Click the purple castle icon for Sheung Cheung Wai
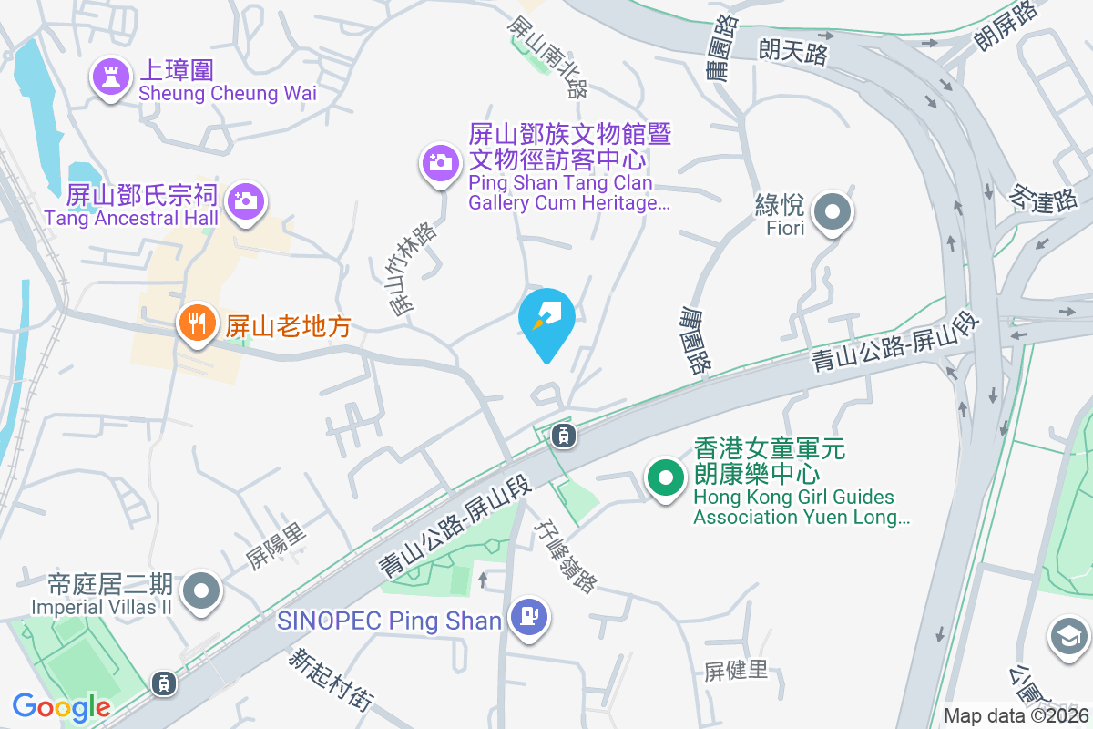[x=111, y=78]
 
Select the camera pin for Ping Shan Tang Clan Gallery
[x=439, y=163]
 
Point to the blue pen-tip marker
[x=546, y=317]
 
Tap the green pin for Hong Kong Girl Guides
[x=666, y=477]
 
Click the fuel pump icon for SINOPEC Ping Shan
[x=529, y=616]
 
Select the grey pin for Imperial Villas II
[x=201, y=591]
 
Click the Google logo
[x=61, y=706]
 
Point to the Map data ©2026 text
[x=1016, y=715]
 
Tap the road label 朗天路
[x=793, y=52]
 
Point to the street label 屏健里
[x=736, y=672]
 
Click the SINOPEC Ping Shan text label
[x=390, y=621]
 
